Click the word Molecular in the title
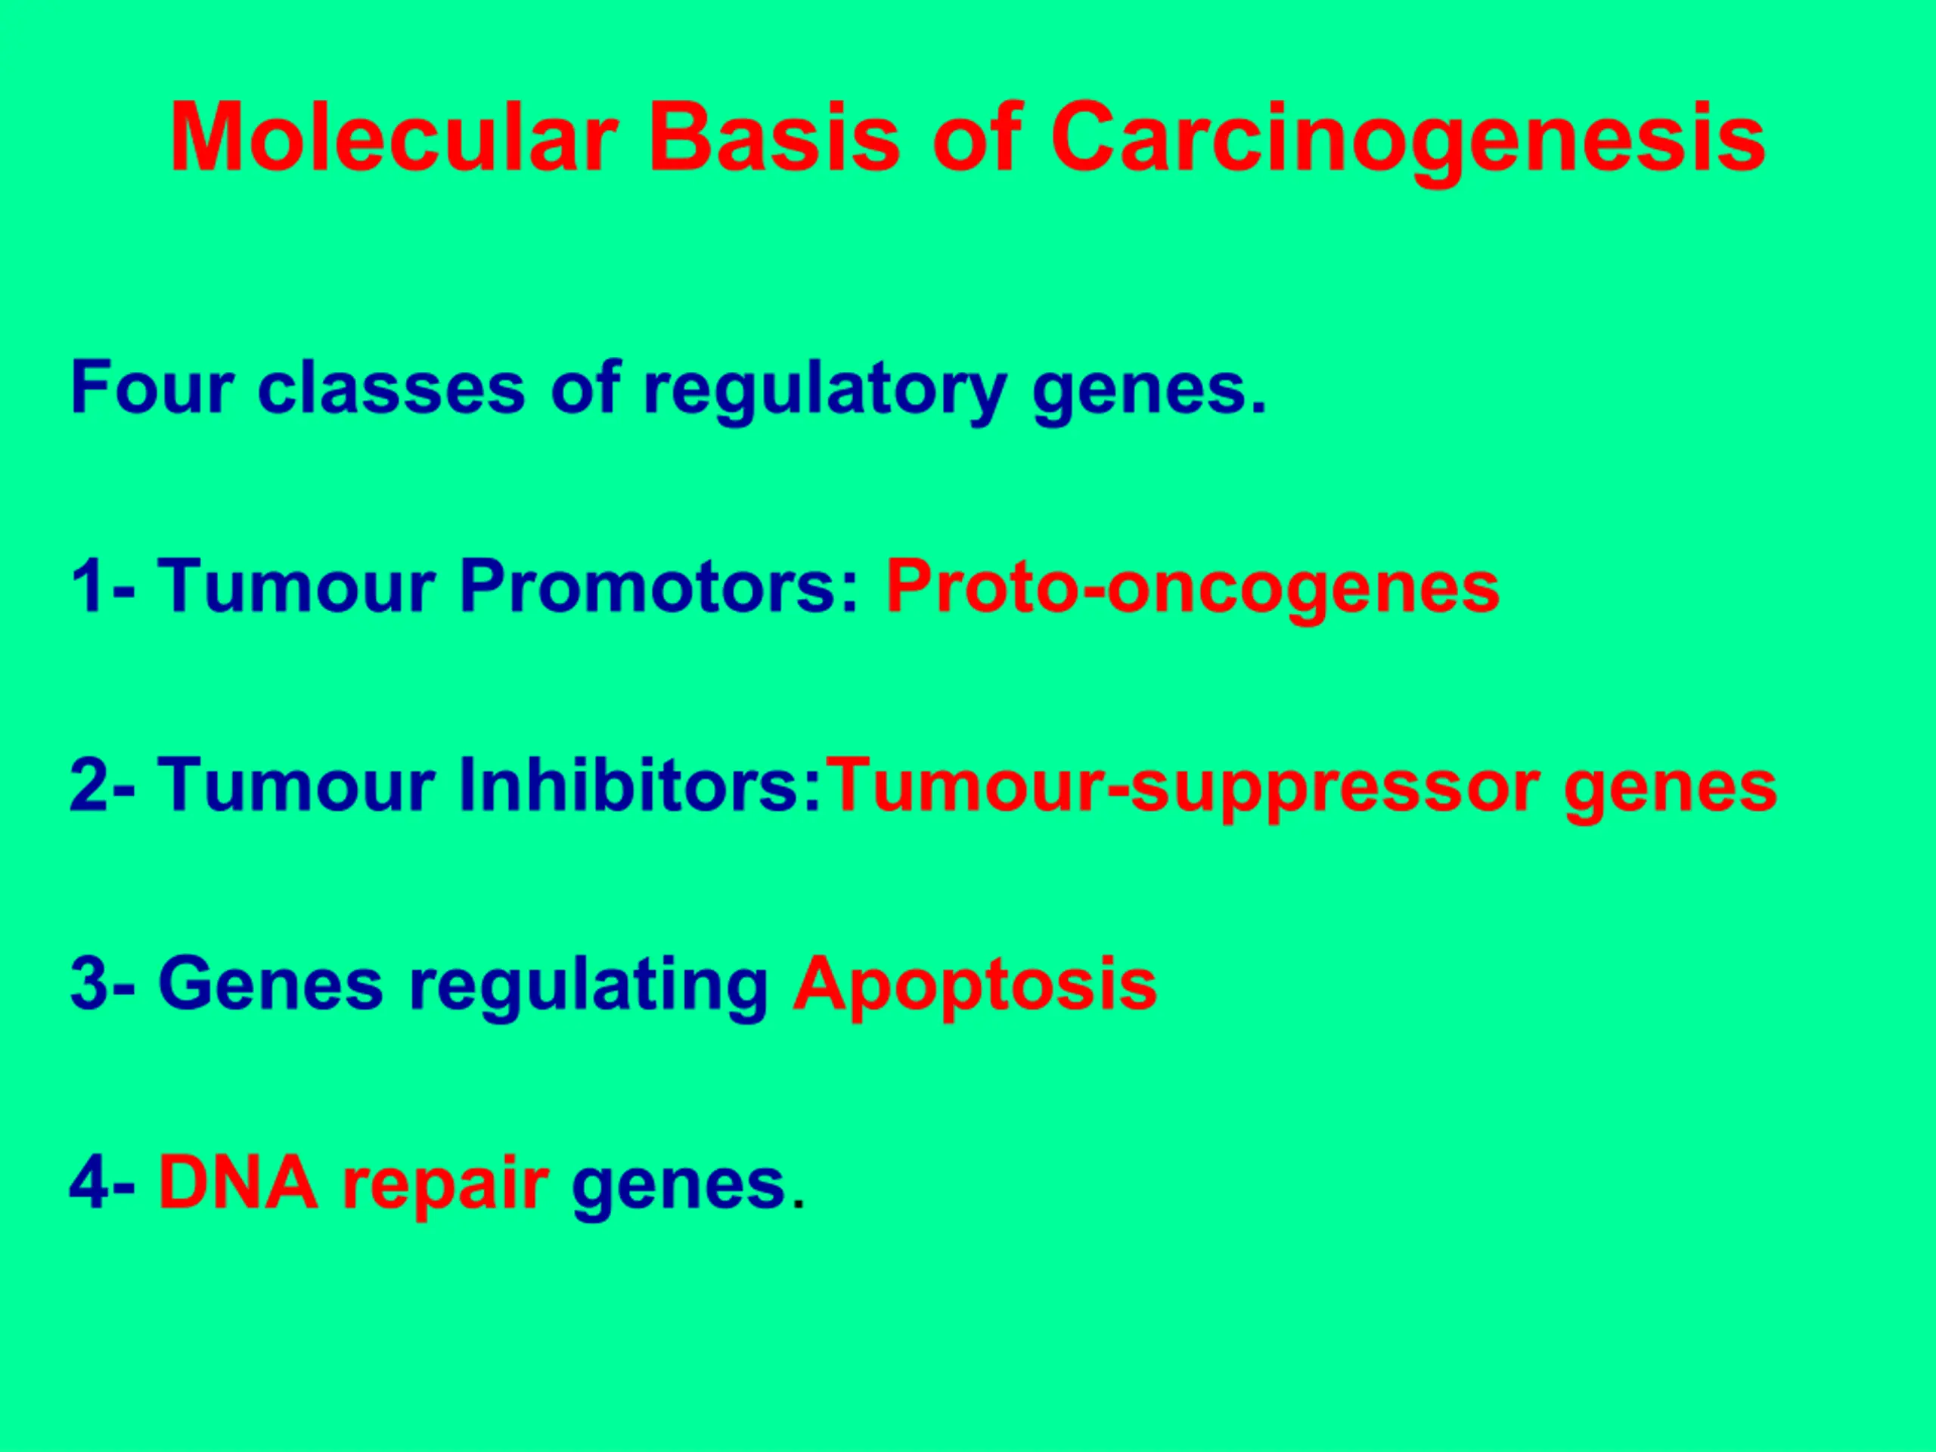click(395, 138)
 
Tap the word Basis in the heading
click(774, 138)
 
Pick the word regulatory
click(824, 392)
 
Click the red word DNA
click(238, 1183)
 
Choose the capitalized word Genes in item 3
click(271, 984)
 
